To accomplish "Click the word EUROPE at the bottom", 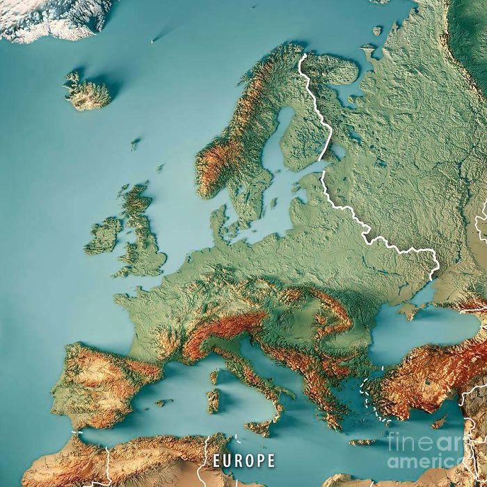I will click(x=243, y=460).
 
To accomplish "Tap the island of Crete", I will click(x=362, y=442).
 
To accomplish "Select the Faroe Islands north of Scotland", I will click(x=135, y=144).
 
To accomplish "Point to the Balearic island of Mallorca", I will click(x=163, y=402).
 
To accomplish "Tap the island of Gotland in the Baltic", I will click(x=274, y=202).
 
